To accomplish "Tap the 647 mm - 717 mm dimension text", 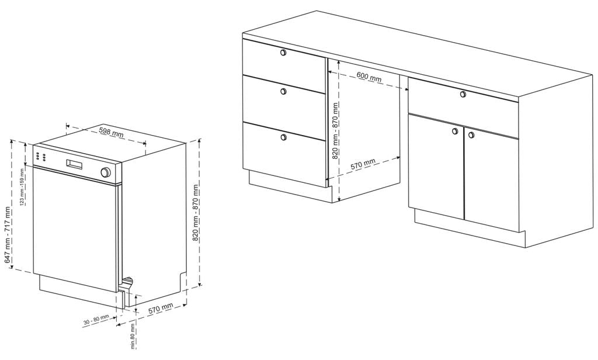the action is click(x=8, y=235).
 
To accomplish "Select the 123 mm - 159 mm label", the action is click(x=23, y=192).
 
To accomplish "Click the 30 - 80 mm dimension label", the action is click(x=96, y=320).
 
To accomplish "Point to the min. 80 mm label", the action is click(x=133, y=336).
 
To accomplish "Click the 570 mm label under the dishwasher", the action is click(x=161, y=308).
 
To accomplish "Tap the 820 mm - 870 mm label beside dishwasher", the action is click(x=195, y=213).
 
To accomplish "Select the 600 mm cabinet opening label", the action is click(x=369, y=76).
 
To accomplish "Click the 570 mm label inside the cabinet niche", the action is click(x=363, y=164).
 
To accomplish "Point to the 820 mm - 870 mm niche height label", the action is click(x=335, y=131).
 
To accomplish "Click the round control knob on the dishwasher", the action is click(x=105, y=172).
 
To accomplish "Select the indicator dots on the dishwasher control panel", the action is click(x=42, y=157).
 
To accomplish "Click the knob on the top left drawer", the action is click(x=283, y=52).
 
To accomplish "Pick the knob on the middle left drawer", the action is click(x=283, y=92).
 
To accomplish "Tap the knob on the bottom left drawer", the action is click(x=283, y=137).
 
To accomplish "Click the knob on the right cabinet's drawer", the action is click(x=463, y=94).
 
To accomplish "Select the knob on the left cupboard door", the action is click(x=454, y=131).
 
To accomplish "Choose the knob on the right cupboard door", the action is click(x=471, y=135).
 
